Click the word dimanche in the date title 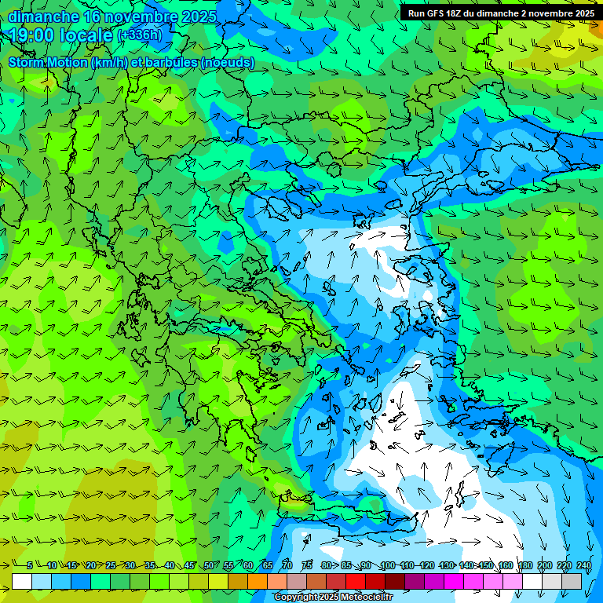tap(43, 16)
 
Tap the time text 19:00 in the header tap(35, 35)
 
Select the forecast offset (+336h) tap(140, 35)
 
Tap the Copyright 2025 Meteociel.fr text tap(333, 598)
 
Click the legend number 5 tap(30, 565)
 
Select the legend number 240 tap(583, 565)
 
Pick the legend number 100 tap(387, 565)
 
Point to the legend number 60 tap(248, 565)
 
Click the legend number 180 tap(524, 565)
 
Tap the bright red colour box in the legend tap(356, 581)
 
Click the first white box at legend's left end tap(22, 581)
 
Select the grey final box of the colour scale tap(572, 581)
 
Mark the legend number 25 tap(111, 565)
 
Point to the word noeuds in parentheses tap(227, 63)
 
